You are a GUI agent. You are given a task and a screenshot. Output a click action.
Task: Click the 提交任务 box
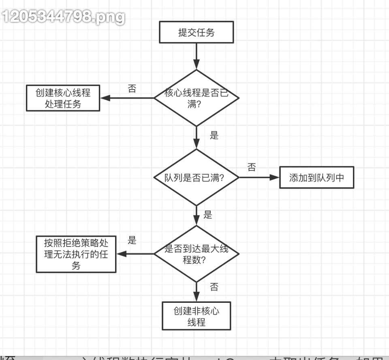(197, 32)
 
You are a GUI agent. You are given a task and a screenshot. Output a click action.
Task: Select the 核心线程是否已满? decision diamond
(197, 98)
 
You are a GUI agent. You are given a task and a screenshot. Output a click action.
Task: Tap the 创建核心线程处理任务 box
(63, 98)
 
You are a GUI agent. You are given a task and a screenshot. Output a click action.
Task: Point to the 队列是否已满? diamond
(197, 178)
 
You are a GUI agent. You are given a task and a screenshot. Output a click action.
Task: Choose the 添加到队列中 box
(316, 178)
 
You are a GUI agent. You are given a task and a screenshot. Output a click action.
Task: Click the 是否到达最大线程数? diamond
(197, 254)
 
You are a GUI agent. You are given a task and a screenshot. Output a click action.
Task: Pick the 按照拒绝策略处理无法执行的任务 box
(76, 254)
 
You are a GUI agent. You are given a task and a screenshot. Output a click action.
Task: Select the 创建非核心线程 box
(197, 316)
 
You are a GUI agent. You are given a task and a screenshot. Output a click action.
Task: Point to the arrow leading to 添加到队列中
(259, 178)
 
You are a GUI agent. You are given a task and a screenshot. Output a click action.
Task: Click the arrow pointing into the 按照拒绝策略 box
(135, 254)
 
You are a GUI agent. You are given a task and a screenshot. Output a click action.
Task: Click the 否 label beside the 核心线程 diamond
(132, 89)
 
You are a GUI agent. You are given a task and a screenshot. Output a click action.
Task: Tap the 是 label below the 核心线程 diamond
(214, 135)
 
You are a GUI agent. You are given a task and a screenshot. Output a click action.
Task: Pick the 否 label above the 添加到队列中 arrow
(252, 167)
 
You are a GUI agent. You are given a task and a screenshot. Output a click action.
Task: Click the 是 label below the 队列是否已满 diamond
(208, 215)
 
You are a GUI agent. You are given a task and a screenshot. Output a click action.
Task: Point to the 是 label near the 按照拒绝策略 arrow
(132, 240)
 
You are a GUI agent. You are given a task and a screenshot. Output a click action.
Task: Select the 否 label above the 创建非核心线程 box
(214, 287)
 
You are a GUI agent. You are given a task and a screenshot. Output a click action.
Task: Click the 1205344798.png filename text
(63, 17)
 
